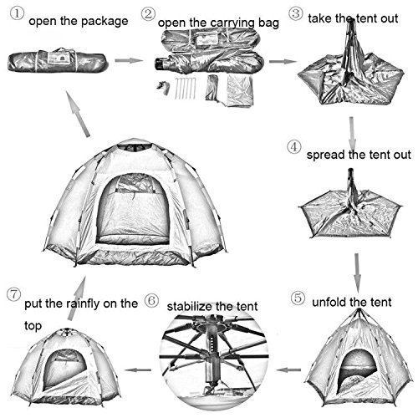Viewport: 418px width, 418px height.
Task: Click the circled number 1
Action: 17,13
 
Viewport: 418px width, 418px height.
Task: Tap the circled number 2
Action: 148,14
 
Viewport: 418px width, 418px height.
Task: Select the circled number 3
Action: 296,13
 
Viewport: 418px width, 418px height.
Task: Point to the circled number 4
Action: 294,147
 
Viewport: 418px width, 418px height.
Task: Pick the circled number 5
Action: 298,298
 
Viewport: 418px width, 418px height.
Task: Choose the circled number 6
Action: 152,300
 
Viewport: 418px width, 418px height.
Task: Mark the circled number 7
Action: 13,294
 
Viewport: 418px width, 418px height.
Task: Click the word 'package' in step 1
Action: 104,22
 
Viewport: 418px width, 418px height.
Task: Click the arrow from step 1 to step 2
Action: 128,60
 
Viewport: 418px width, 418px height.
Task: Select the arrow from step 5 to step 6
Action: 288,370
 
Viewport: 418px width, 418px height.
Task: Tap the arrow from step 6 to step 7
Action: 138,370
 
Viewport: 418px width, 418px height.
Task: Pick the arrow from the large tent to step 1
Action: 78,114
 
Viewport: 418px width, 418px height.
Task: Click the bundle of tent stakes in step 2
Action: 185,89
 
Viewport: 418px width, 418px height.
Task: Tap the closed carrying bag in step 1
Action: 57,62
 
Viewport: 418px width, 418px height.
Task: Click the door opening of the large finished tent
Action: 133,209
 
